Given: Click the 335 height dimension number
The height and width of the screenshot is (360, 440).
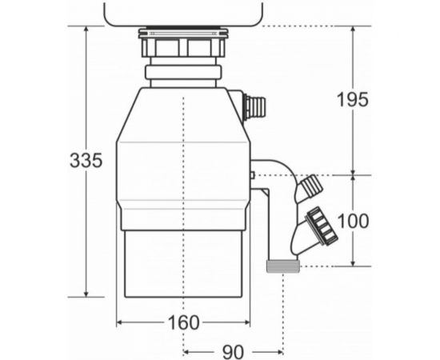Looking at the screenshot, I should click(86, 160).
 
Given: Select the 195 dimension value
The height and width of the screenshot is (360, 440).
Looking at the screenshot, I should click(353, 100).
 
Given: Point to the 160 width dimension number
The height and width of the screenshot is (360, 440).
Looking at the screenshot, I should click(183, 322).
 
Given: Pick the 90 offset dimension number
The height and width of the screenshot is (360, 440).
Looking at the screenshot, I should click(233, 351).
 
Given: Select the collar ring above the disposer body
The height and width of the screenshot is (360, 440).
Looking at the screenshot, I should click(183, 74).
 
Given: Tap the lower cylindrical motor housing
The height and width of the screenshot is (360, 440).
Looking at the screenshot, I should click(183, 264).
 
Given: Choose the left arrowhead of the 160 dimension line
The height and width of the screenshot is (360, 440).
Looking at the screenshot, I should click(121, 322).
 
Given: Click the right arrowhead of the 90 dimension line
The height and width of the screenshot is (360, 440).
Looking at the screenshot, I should click(280, 351).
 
